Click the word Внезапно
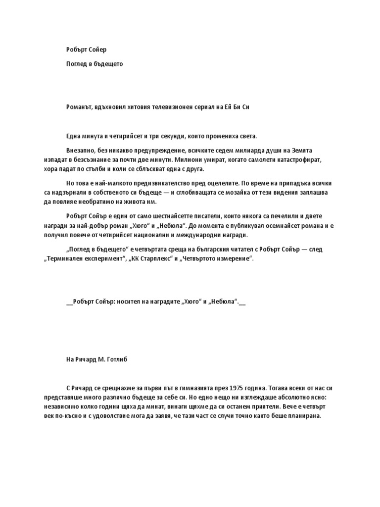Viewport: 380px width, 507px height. coord(81,151)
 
